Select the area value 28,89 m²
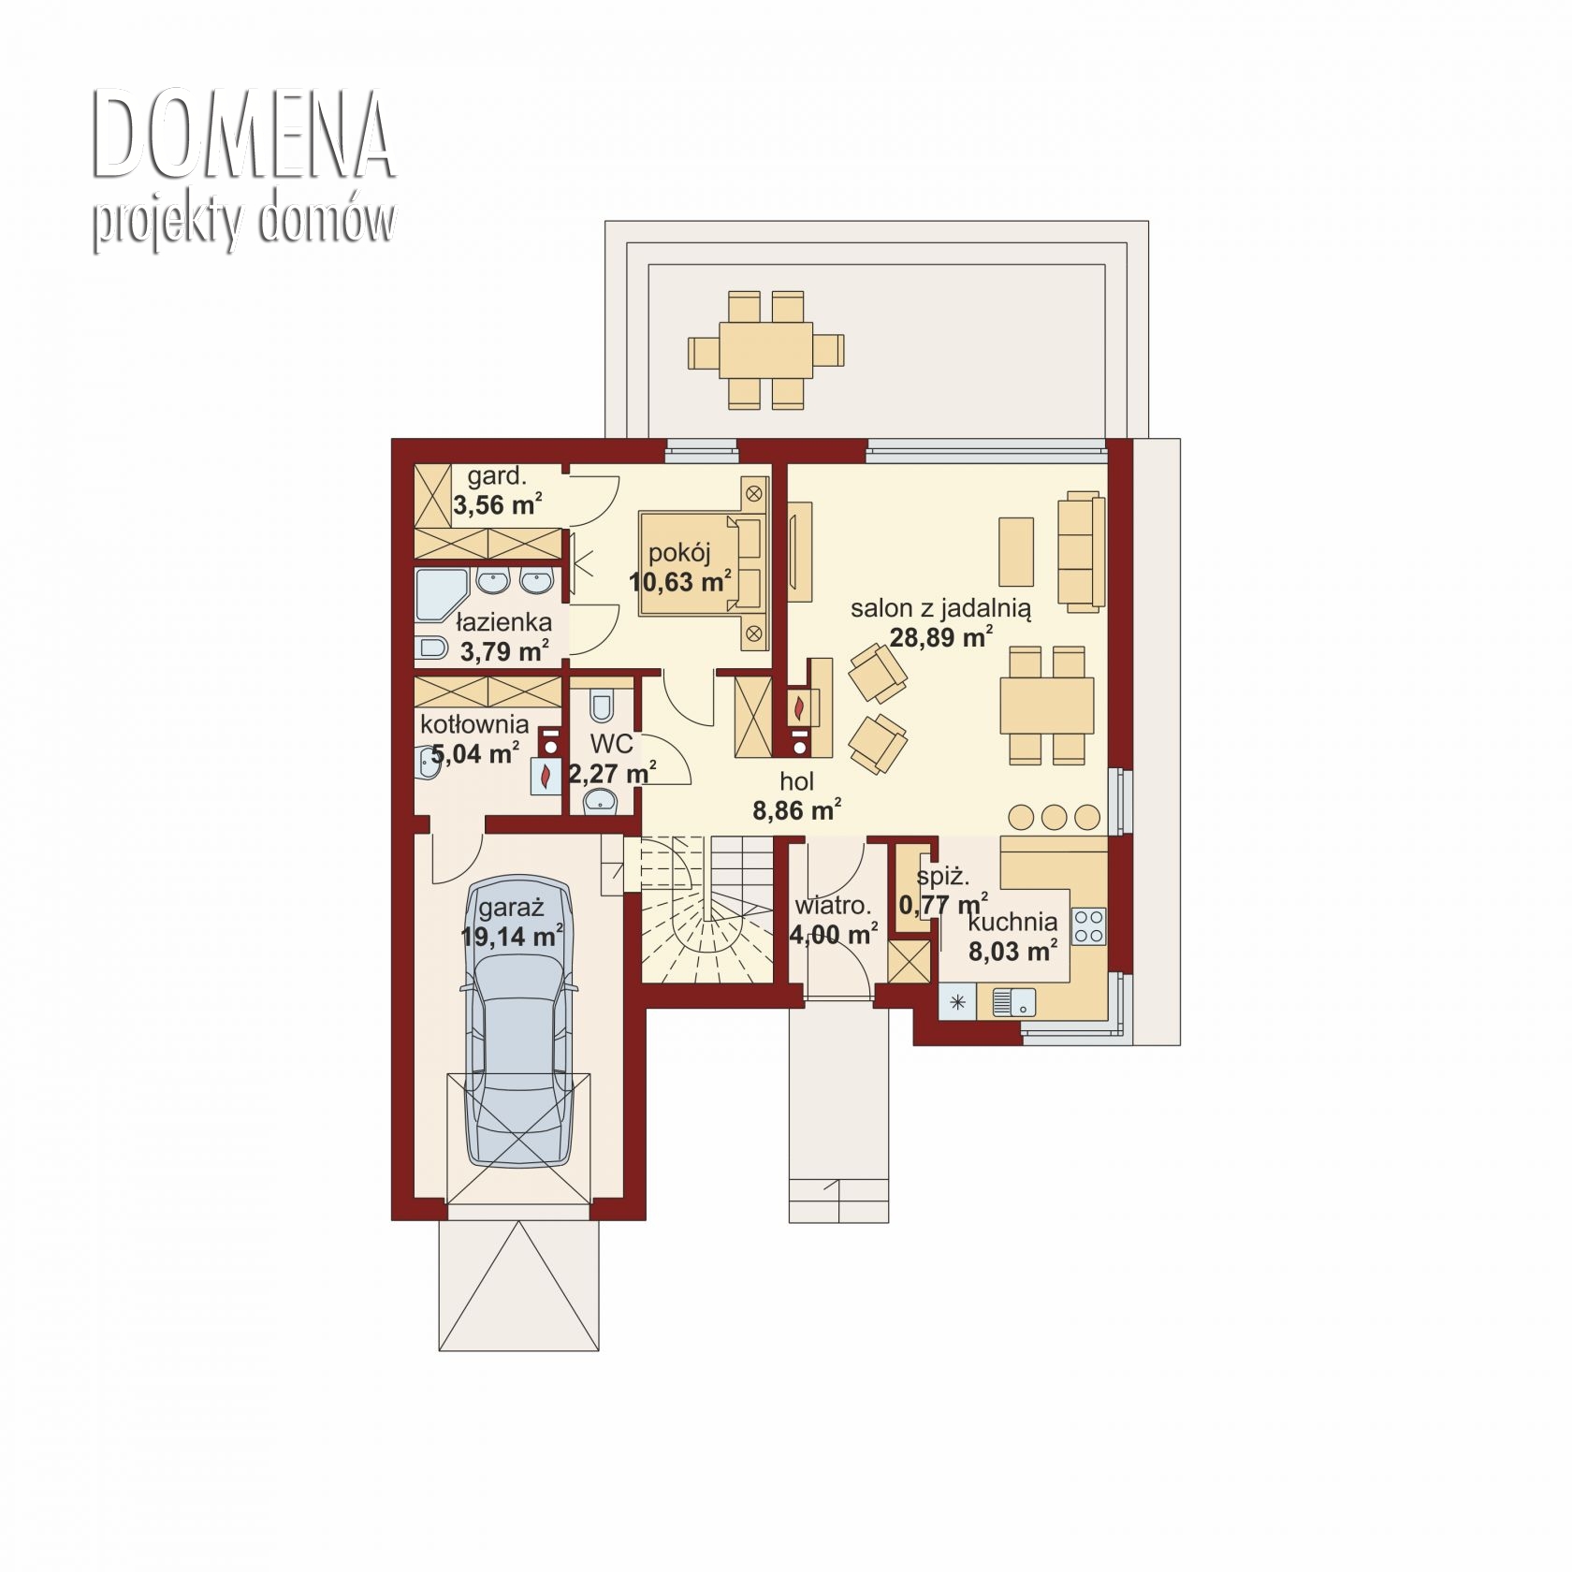[x=941, y=638]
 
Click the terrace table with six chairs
[x=765, y=350]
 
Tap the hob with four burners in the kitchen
[x=1088, y=925]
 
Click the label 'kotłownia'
[x=474, y=724]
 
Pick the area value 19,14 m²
[x=512, y=936]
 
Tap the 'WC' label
[x=612, y=745]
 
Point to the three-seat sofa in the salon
[x=1081, y=552]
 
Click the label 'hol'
[x=797, y=781]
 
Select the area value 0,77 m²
[x=943, y=905]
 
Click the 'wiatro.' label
[x=833, y=906]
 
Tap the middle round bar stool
[x=1054, y=818]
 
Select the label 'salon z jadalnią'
[x=941, y=609]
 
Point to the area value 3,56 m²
[x=498, y=505]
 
